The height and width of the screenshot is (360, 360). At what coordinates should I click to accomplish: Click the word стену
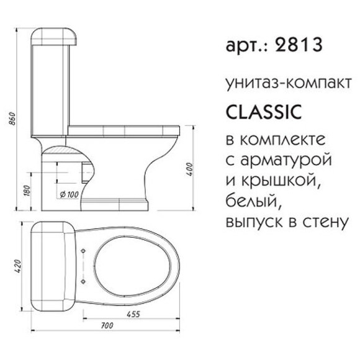point(323,220)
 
